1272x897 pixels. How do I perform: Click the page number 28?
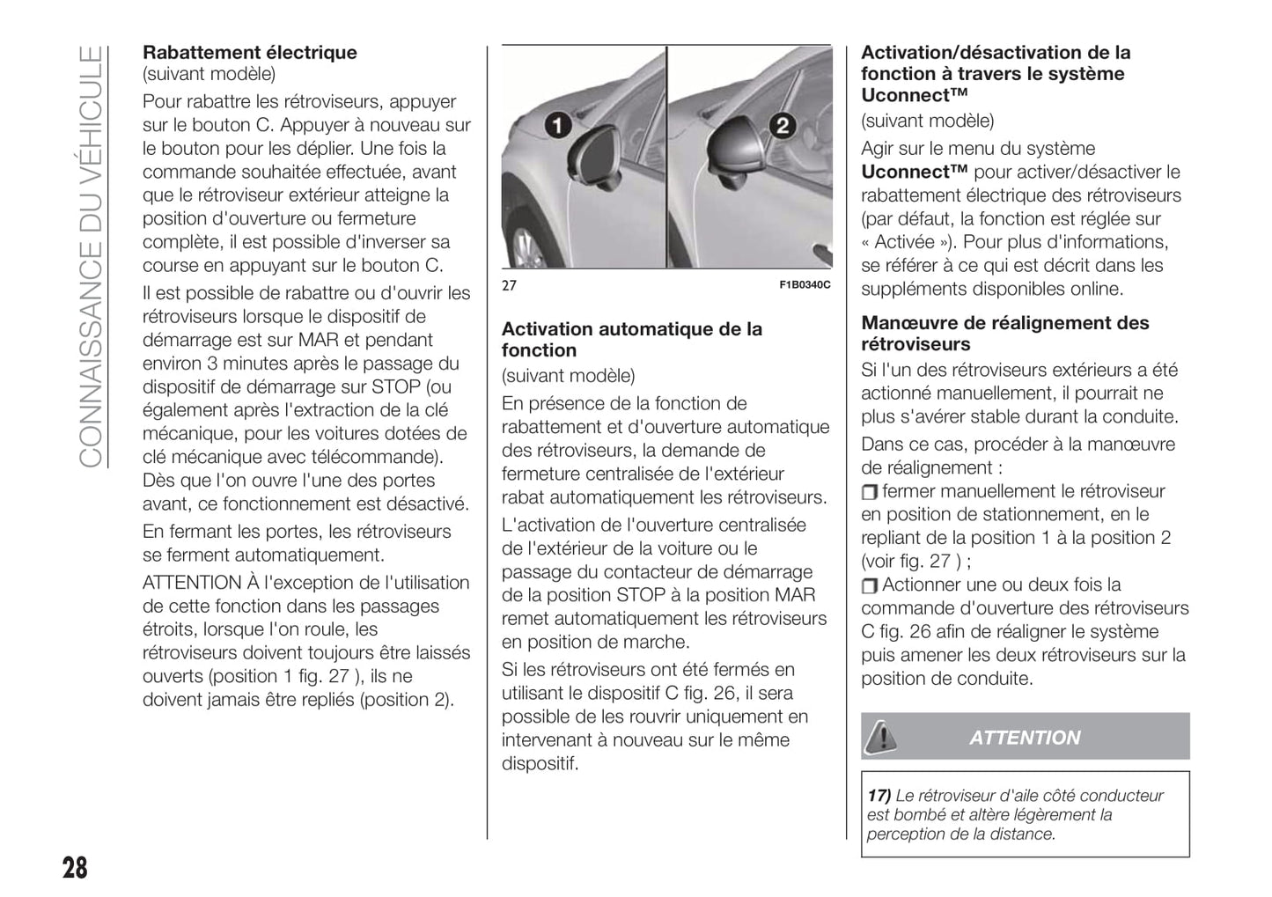coord(75,867)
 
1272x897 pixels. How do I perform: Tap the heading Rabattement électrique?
coord(250,53)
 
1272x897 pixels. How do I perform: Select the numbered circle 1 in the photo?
coord(556,126)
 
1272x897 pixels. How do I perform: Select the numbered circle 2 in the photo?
coord(782,126)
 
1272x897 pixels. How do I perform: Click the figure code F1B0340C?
coord(805,285)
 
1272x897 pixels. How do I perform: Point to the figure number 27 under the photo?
coord(509,285)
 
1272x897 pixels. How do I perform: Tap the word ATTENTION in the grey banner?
coord(1025,738)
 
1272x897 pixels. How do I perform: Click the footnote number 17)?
coord(879,796)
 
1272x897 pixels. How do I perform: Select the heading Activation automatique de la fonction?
coord(631,340)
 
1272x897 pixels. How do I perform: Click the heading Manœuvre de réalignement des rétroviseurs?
coord(1004,334)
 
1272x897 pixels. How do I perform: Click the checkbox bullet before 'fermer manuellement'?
coord(870,492)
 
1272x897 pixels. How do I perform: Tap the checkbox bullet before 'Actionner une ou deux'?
coord(870,586)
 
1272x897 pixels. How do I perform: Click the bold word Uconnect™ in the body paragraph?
coord(915,173)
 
